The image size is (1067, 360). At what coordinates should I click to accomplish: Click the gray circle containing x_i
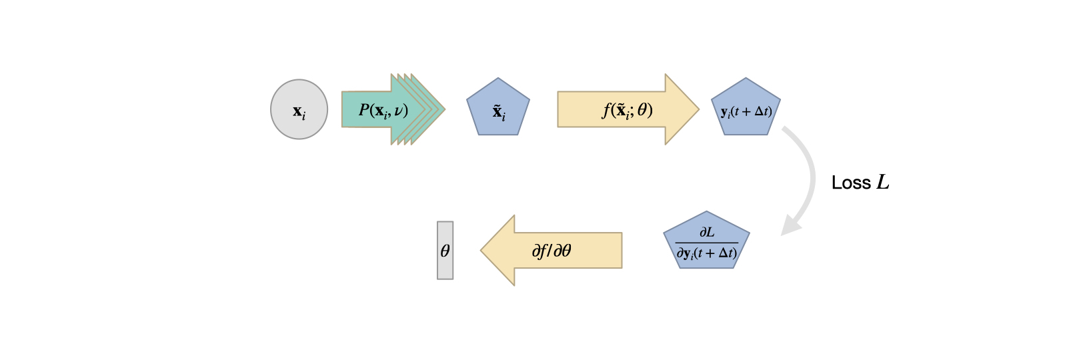299,109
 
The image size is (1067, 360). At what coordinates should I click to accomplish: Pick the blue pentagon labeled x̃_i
498,109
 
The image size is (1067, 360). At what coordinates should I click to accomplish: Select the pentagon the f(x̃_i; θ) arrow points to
746,109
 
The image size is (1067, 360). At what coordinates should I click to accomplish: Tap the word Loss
851,183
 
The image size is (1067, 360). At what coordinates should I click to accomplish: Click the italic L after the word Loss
883,182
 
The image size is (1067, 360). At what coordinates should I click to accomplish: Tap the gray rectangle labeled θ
445,251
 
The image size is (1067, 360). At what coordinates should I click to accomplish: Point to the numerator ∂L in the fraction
707,233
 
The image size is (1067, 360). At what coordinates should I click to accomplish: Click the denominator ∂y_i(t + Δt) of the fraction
707,253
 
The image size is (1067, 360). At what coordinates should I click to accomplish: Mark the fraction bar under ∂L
707,243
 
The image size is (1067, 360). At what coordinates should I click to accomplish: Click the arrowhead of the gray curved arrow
790,227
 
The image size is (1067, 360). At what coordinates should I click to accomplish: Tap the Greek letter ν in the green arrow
398,111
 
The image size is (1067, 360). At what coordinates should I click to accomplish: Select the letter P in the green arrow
364,110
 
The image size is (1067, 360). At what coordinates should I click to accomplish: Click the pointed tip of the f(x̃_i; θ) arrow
697,109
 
